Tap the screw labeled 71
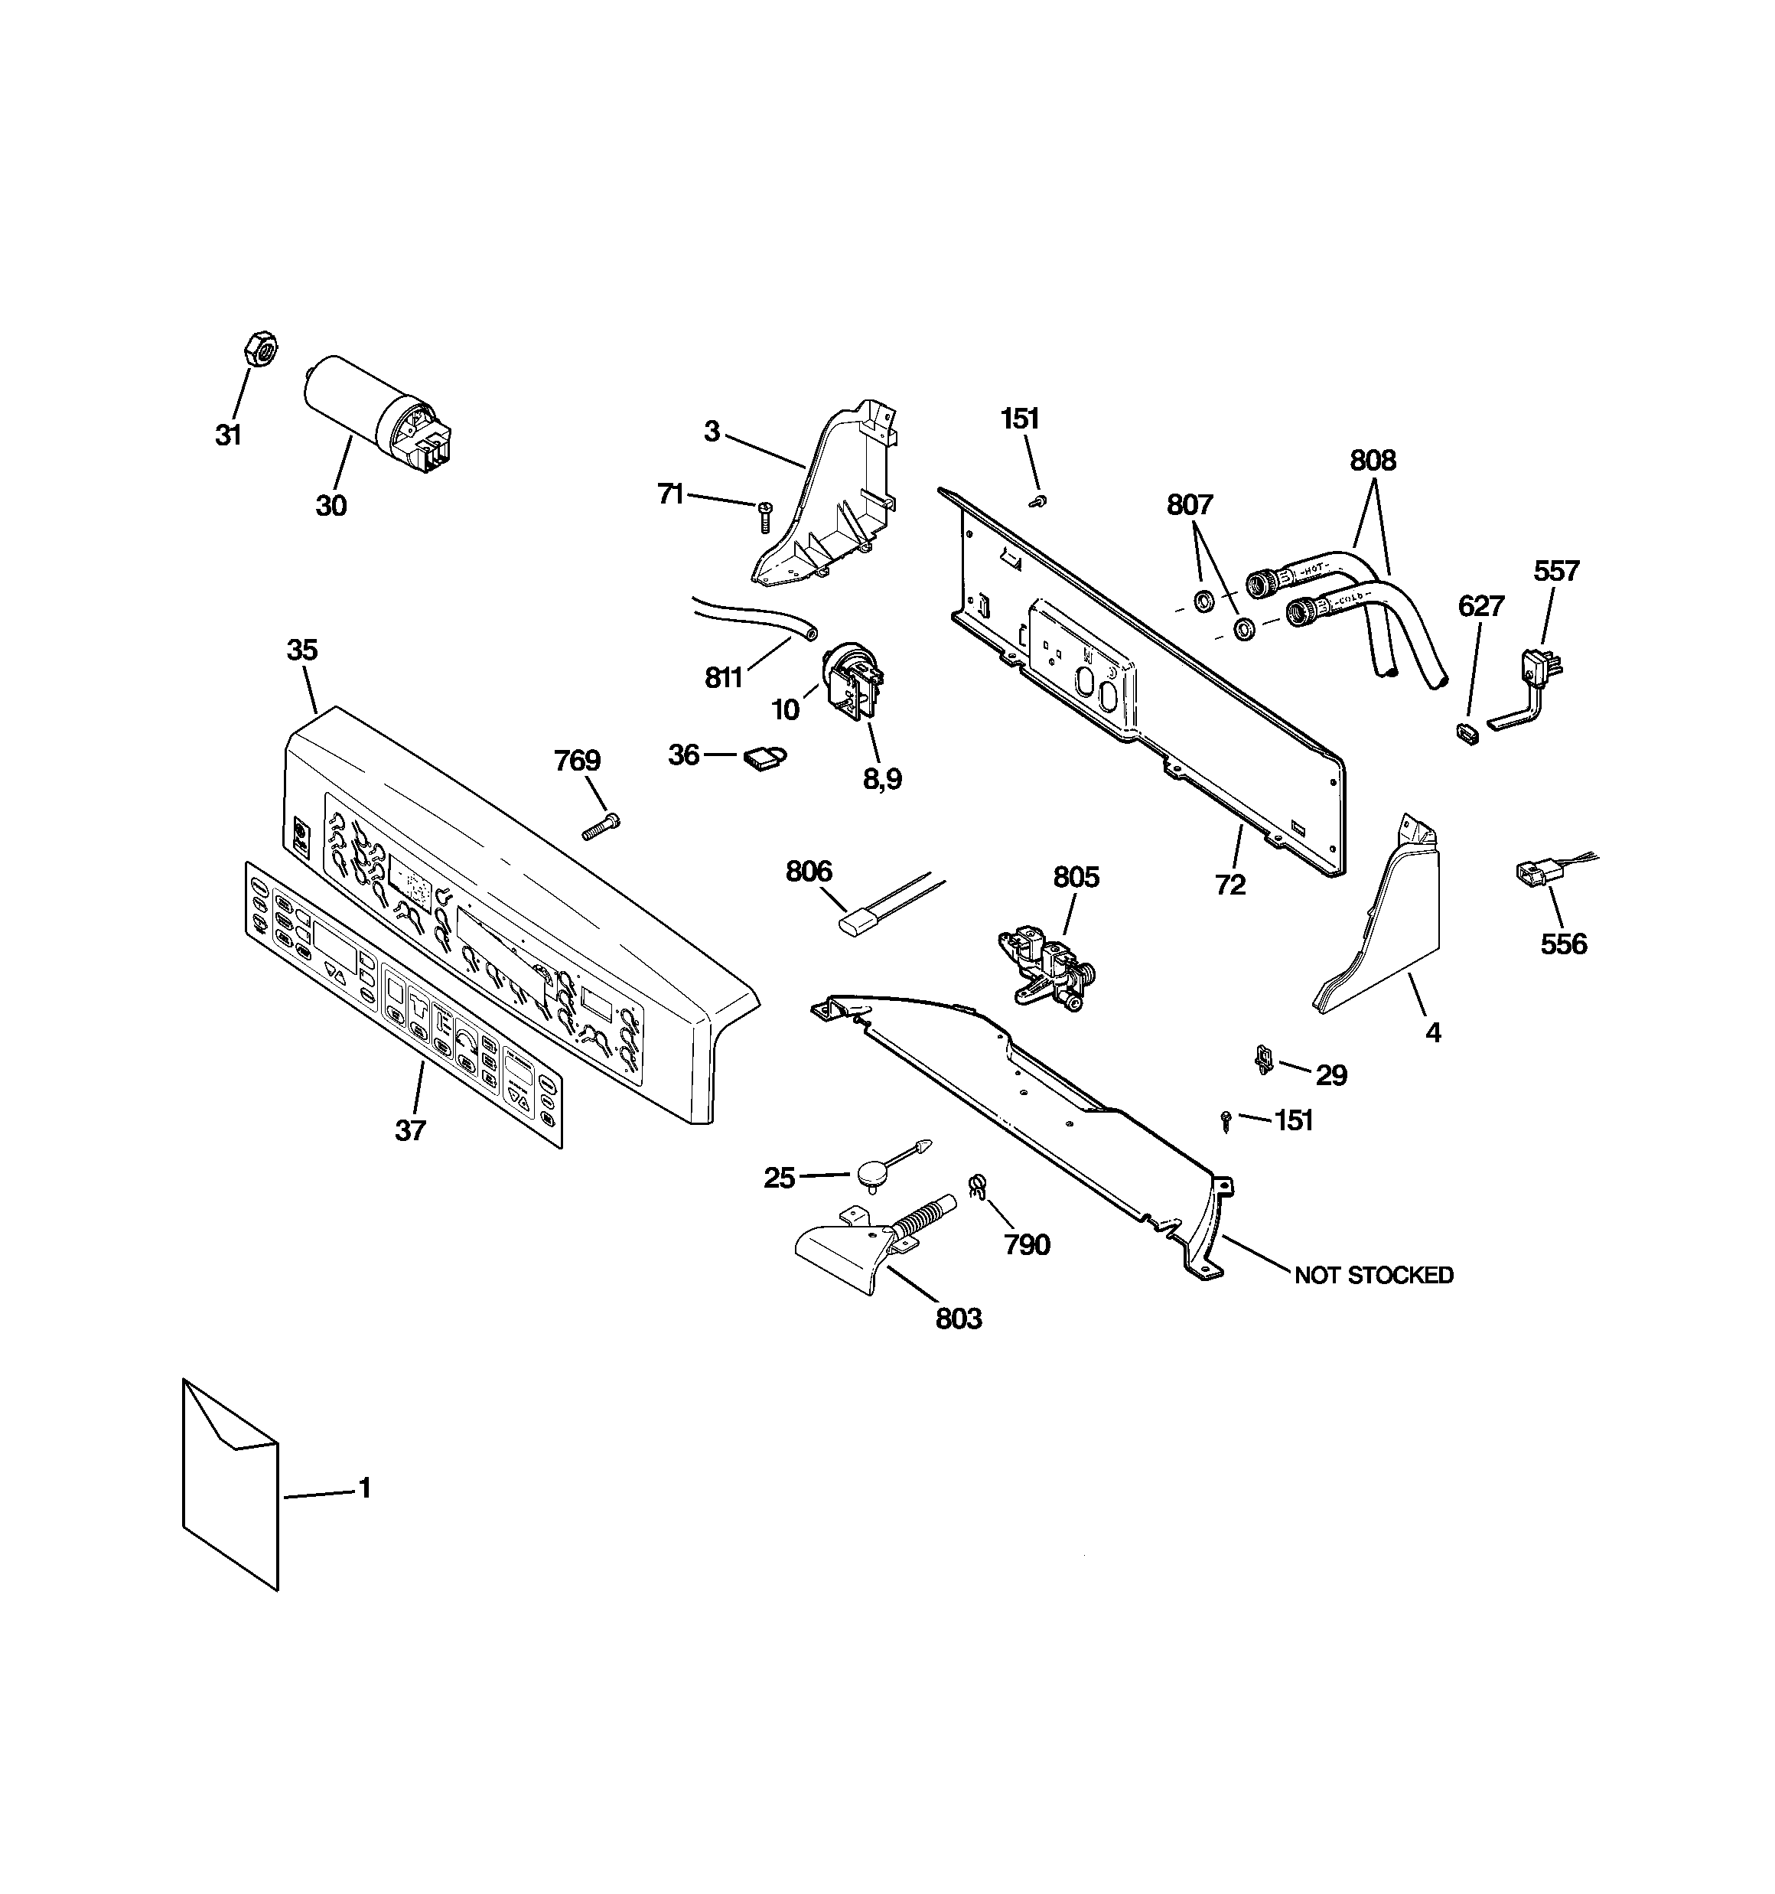[x=763, y=517]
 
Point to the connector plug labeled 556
[x=1531, y=872]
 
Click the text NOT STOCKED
[x=1373, y=1275]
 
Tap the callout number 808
[x=1372, y=461]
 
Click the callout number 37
[x=411, y=1131]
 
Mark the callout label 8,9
[x=882, y=779]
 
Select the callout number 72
[x=1230, y=885]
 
